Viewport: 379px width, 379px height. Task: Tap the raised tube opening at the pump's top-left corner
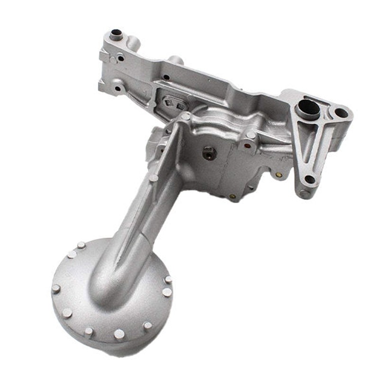pos(116,34)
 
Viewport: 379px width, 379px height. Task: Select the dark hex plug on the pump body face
pos(208,153)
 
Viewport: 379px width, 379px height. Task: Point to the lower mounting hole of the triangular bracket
pos(309,179)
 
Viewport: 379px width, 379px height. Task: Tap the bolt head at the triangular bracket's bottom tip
pos(303,193)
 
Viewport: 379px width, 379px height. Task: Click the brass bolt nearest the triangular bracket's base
pos(279,175)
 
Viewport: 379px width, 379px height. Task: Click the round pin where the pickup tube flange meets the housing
pos(186,116)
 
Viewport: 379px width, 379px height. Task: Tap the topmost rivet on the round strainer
pos(81,245)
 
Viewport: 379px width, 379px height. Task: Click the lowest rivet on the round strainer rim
pos(119,334)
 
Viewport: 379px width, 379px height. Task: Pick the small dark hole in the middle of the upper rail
pos(166,77)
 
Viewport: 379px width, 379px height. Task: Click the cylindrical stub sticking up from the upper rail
pos(175,60)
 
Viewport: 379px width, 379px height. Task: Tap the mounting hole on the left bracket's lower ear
pos(117,88)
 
